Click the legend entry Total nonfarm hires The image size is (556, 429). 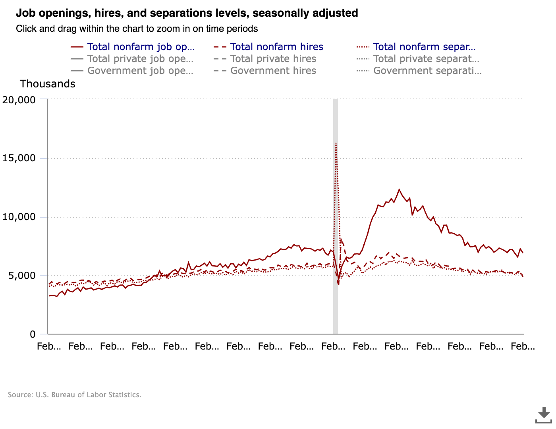click(276, 47)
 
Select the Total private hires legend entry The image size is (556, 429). click(273, 59)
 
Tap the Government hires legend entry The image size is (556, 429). click(273, 71)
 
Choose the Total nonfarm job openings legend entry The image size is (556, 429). click(141, 47)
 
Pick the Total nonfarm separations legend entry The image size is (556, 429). click(424, 47)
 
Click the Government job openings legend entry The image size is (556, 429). click(140, 71)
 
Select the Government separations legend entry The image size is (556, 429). click(427, 71)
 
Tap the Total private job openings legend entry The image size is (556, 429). click(140, 59)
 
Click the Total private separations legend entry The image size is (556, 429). click(426, 59)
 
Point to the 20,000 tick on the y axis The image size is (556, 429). click(19, 100)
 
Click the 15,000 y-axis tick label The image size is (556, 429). click(19, 158)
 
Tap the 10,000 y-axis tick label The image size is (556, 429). click(19, 217)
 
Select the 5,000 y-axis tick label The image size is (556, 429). click(22, 275)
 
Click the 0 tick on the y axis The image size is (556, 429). click(33, 334)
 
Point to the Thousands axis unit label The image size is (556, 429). click(48, 84)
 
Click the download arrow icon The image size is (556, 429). click(544, 415)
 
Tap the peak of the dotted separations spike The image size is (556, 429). click(336, 143)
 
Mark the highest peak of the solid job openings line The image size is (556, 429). click(399, 189)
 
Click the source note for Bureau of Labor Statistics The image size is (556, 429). click(75, 395)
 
